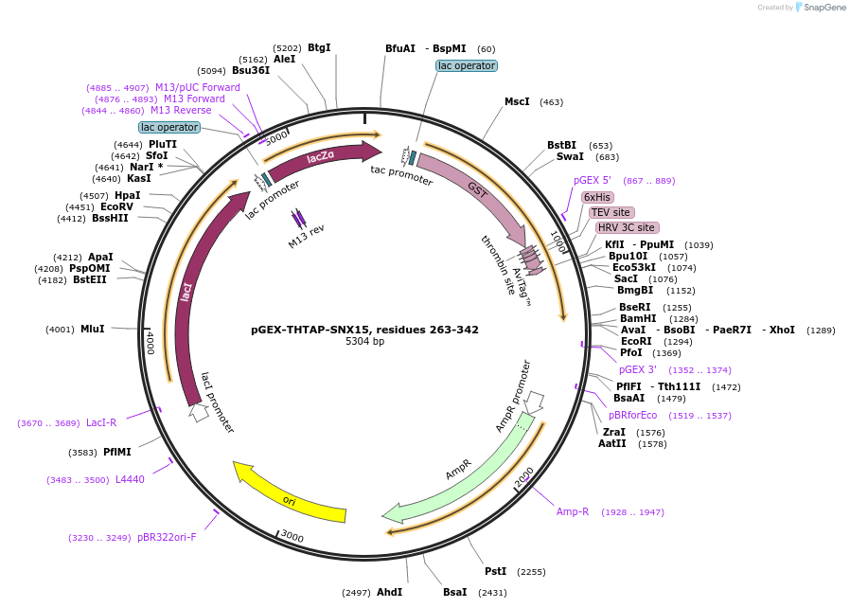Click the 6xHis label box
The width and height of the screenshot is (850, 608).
pos(597,197)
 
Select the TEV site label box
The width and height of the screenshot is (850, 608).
pos(611,212)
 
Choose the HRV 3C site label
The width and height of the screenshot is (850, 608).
pos(627,227)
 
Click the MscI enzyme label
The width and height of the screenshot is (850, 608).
pos(517,101)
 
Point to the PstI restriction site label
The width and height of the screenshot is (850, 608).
pos(495,571)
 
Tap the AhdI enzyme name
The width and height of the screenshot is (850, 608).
pos(389,592)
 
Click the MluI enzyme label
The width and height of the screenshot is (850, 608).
pos(92,329)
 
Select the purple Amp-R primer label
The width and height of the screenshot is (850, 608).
pos(573,511)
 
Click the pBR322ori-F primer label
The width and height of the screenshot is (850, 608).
pos(167,537)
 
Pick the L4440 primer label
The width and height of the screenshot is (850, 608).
pos(130,479)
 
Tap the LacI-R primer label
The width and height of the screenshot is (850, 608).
pos(101,422)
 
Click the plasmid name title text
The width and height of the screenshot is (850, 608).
pos(364,330)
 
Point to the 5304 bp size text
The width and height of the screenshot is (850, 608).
pos(364,342)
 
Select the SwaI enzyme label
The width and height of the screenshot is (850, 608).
pos(570,157)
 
